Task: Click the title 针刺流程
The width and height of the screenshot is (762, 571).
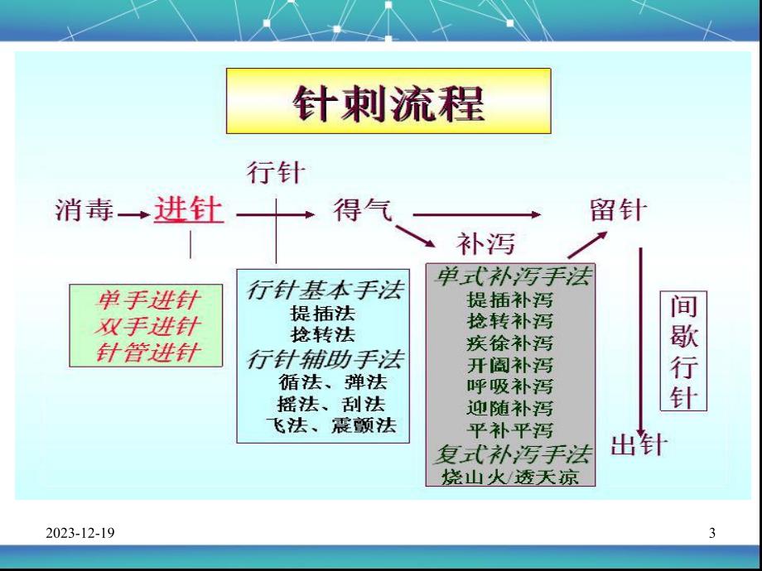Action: (388, 104)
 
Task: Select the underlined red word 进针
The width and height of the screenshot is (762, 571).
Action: (188, 211)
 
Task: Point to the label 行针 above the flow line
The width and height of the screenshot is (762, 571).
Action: (276, 173)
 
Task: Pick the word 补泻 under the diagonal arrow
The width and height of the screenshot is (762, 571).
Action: (485, 242)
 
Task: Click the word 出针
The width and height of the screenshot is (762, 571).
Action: (639, 445)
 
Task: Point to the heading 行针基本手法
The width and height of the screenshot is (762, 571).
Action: (326, 290)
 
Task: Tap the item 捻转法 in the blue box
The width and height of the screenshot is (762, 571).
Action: (322, 335)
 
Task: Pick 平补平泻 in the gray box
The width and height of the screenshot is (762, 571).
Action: (510, 430)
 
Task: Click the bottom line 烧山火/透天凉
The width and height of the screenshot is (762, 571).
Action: (510, 477)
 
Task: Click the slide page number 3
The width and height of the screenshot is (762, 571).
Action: (712, 534)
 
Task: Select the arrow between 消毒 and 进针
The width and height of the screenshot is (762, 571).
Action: (130, 214)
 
